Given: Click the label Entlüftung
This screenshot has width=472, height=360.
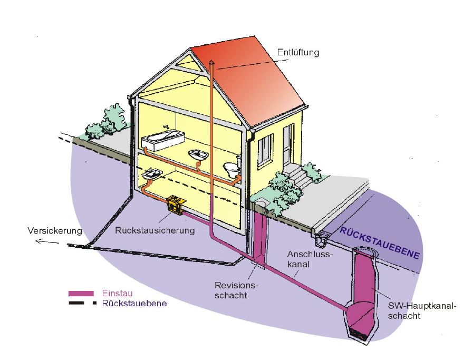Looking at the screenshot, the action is tap(298, 53).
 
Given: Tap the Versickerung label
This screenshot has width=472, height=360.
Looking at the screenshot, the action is tap(55, 231).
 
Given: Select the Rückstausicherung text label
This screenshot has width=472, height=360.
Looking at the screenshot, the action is tap(155, 230).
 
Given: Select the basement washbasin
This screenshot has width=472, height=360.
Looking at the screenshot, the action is tap(152, 174).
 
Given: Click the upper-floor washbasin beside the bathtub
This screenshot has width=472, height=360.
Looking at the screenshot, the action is tap(198, 155).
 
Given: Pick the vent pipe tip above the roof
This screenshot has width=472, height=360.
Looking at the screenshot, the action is tap(212, 61).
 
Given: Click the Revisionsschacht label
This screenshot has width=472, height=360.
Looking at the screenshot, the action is tap(236, 290).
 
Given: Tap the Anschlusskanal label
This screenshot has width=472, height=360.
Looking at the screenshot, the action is tap(310, 259).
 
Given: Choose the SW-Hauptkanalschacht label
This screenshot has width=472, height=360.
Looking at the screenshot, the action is tap(422, 310).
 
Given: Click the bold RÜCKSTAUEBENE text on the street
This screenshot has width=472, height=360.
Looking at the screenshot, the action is tap(380, 243).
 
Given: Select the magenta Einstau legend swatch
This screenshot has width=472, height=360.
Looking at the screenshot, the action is tap(81, 293).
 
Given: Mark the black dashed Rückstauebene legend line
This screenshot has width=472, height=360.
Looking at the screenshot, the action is tap(82, 303).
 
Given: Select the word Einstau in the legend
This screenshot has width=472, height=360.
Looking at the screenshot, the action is tap(117, 293).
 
